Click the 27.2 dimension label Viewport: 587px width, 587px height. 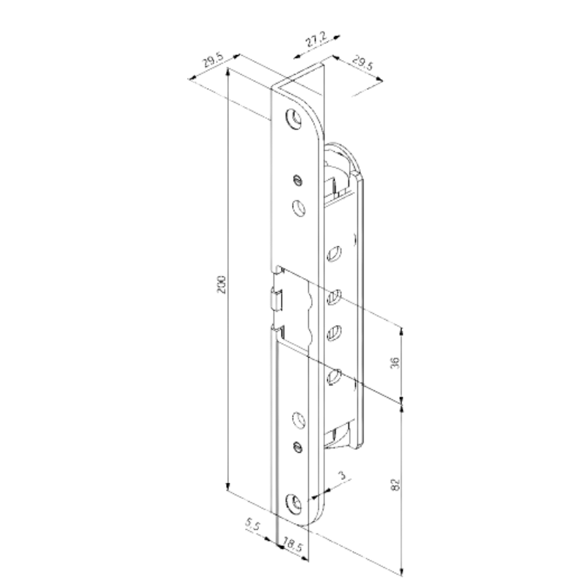[x=316, y=40]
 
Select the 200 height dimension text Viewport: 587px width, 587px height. [x=222, y=285]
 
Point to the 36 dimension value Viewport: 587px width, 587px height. [x=395, y=362]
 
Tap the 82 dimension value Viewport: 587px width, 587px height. [x=395, y=484]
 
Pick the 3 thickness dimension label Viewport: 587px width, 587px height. [x=342, y=475]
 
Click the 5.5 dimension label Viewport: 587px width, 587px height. [x=252, y=525]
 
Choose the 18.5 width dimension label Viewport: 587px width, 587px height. [x=292, y=544]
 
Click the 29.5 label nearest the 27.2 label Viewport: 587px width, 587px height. [x=362, y=63]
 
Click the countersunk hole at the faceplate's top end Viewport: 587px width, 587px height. [x=293, y=117]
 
